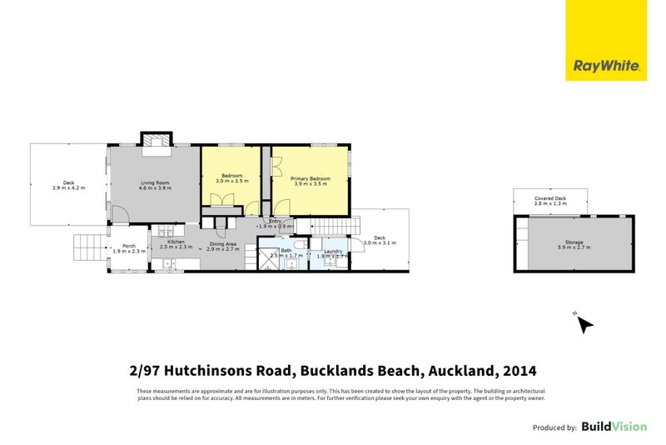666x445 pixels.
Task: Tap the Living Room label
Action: (155, 182)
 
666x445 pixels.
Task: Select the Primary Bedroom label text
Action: (311, 178)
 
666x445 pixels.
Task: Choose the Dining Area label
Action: (223, 242)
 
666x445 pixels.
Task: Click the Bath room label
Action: (286, 250)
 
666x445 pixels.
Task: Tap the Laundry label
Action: (333, 252)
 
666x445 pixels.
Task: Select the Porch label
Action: (129, 246)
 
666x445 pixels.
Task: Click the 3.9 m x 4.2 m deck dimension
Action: (68, 189)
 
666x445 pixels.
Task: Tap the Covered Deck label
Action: (549, 198)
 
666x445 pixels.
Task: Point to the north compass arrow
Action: (584, 323)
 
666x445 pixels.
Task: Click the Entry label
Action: (276, 221)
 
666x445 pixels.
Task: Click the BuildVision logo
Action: (614, 427)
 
